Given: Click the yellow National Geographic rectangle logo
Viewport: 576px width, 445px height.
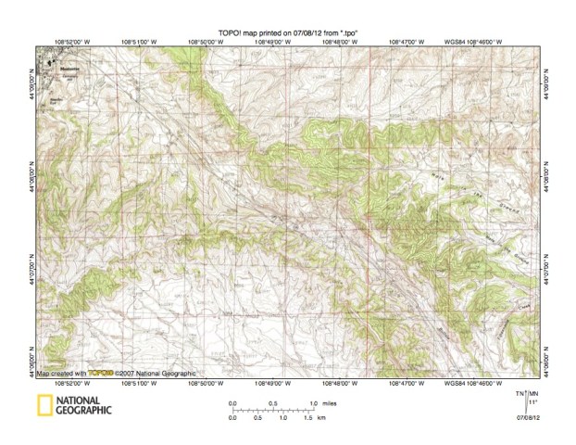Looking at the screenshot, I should coord(43,404).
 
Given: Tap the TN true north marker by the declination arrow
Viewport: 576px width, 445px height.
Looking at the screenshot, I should coord(521,394).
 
